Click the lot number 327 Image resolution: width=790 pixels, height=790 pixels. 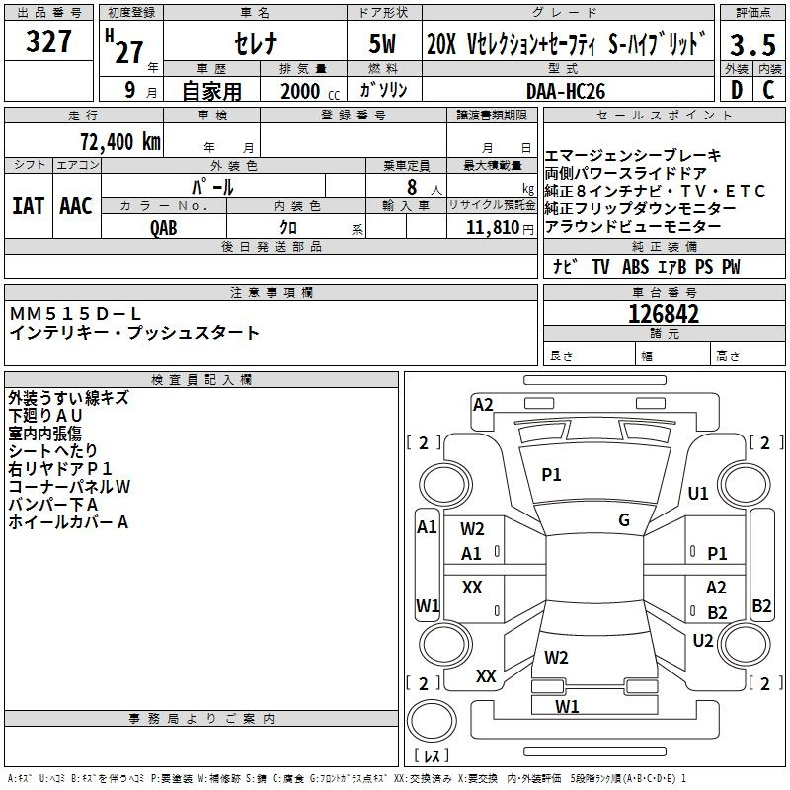[x=49, y=42]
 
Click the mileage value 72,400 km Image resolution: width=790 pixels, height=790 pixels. [x=119, y=141]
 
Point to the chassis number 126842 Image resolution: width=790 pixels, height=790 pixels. [x=664, y=314]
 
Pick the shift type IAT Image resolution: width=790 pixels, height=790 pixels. [x=29, y=206]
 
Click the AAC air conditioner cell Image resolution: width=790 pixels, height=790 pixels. [x=76, y=206]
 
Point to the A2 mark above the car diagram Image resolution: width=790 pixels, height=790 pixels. [x=483, y=404]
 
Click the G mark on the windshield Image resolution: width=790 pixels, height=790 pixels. [x=624, y=520]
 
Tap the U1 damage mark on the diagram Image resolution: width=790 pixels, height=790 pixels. [x=699, y=493]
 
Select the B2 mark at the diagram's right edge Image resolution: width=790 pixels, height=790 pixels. [x=761, y=606]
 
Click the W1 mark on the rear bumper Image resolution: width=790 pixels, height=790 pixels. [x=567, y=706]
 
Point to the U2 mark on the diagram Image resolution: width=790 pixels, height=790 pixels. [x=703, y=640]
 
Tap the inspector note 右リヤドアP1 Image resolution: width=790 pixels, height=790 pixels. [x=60, y=469]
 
